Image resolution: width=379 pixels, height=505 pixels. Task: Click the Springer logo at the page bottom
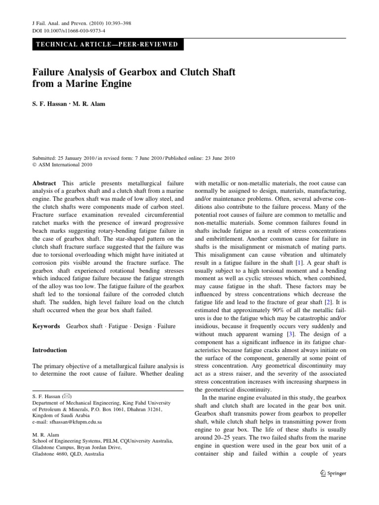pyautogui.click(x=334, y=473)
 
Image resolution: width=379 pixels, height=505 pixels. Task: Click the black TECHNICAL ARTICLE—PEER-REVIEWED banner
pyautogui.click(x=107, y=44)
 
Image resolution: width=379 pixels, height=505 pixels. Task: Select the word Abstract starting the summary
pyautogui.click(x=43, y=182)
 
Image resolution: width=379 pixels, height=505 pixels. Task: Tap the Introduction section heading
pyautogui.click(x=49, y=350)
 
